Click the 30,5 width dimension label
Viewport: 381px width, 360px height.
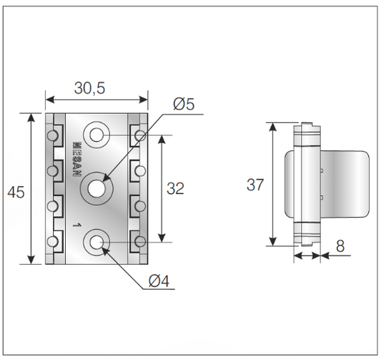(x=89, y=88)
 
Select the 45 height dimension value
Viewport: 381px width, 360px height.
(x=15, y=191)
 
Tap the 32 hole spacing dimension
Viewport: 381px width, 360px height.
(x=175, y=188)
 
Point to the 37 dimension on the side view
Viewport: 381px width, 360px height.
(x=255, y=185)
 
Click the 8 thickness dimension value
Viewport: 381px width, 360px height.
(x=340, y=245)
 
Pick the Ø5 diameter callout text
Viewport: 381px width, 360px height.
(x=184, y=104)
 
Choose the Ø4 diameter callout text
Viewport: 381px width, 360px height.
(x=159, y=281)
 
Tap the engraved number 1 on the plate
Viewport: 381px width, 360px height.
(x=75, y=225)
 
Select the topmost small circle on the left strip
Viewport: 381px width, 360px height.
(x=52, y=135)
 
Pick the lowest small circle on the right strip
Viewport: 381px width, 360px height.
(x=139, y=240)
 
